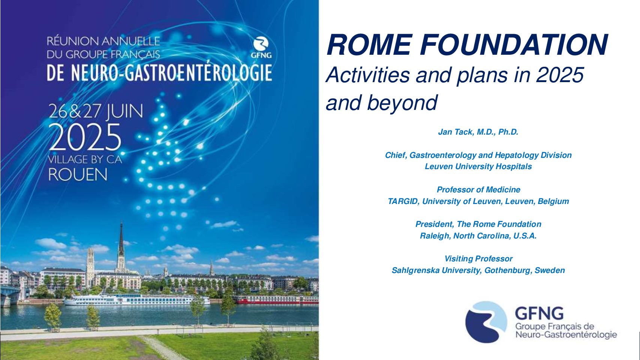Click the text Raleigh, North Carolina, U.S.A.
pos(478,236)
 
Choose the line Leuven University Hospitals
pos(478,166)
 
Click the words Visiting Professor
pos(478,259)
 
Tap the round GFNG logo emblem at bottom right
pos(486,322)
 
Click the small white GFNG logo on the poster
pos(261,48)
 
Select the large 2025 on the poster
pos(85,137)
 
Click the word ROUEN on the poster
pos(78,174)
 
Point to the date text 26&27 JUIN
pos(96,111)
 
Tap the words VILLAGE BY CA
pos(85,159)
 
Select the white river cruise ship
pos(136,300)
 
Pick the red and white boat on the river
pos(276,299)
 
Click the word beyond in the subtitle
pos(402,103)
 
